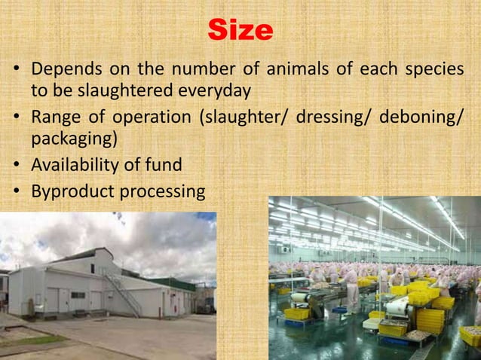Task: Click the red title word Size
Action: pyautogui.click(x=240, y=31)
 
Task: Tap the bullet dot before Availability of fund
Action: pyautogui.click(x=16, y=166)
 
